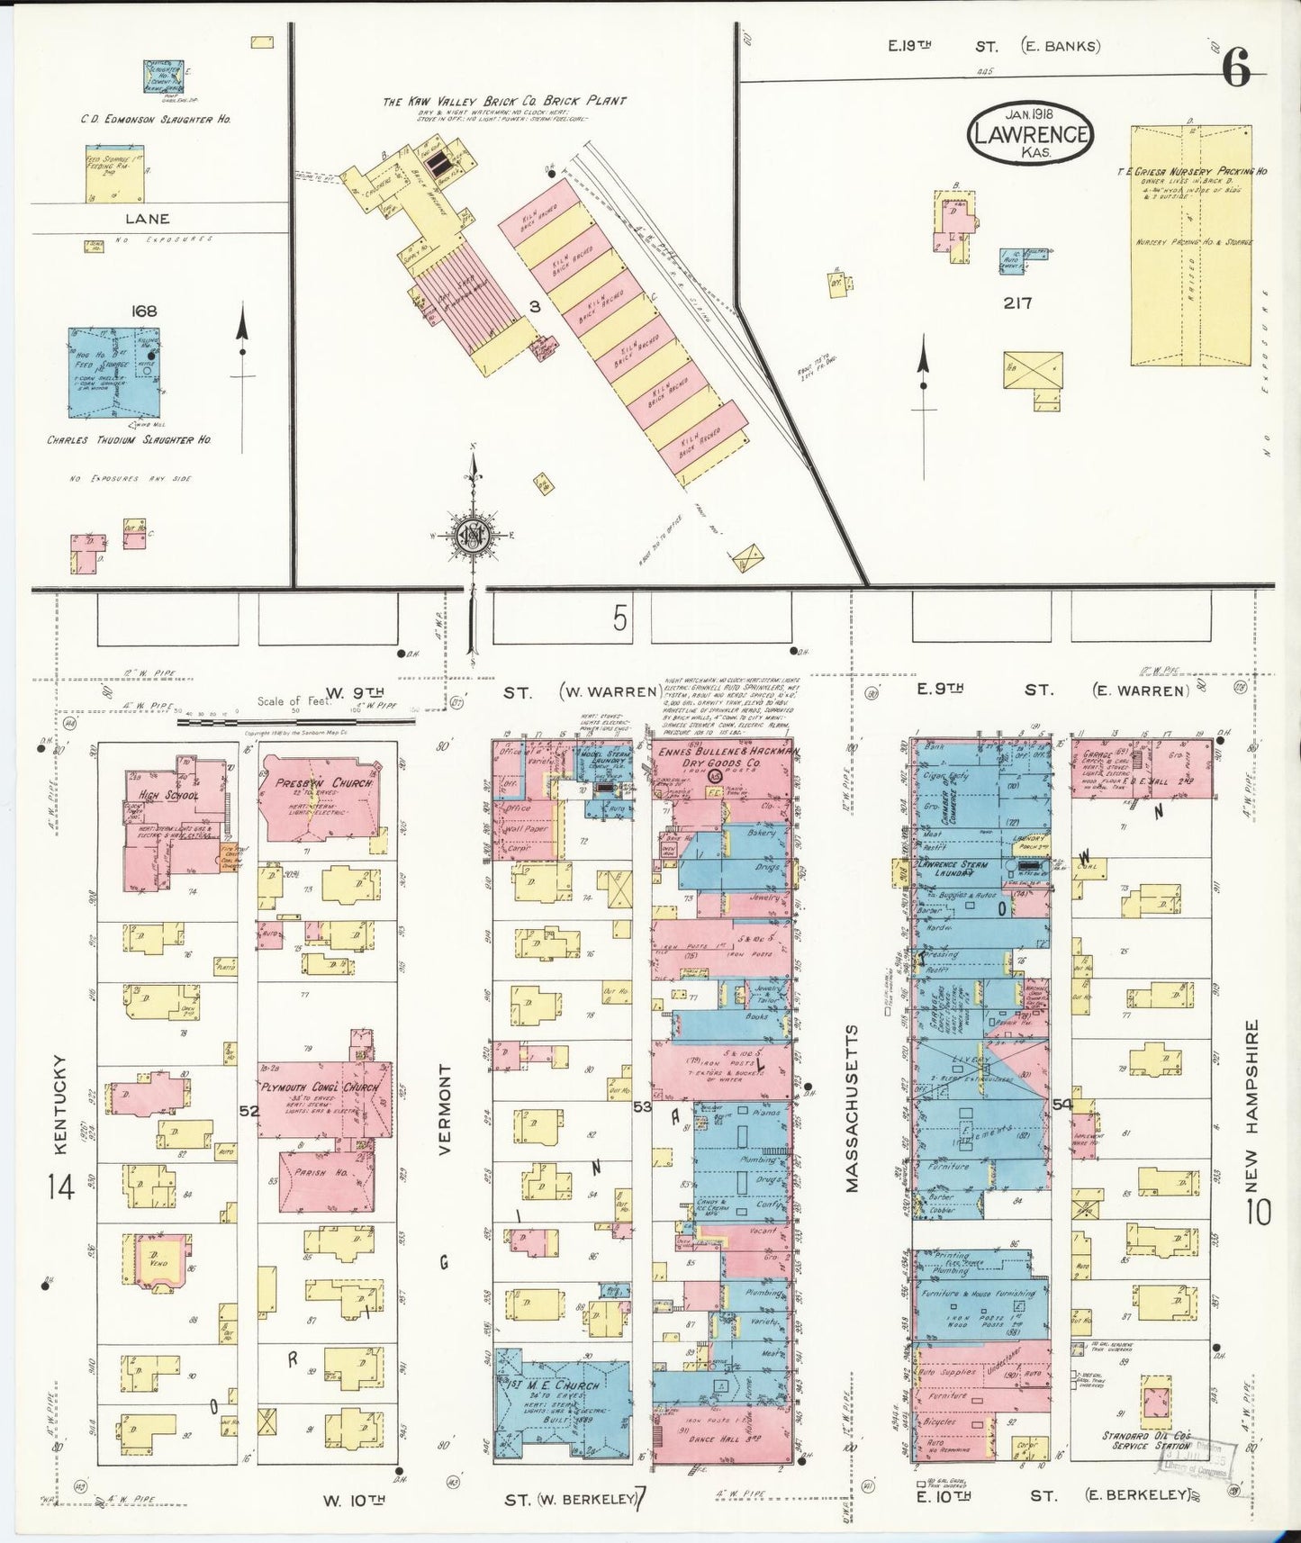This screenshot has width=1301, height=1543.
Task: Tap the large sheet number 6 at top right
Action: [1237, 68]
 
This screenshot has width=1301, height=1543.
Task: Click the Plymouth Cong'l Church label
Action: [320, 1087]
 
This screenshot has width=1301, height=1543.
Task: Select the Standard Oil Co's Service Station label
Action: [1156, 1441]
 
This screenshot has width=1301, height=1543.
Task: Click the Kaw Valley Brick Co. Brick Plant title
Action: [504, 102]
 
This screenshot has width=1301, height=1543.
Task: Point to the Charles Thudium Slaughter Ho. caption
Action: [130, 440]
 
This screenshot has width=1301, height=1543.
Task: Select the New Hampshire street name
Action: [1252, 1104]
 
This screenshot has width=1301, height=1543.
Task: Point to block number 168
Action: [143, 311]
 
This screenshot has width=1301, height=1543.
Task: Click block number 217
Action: [1017, 303]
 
